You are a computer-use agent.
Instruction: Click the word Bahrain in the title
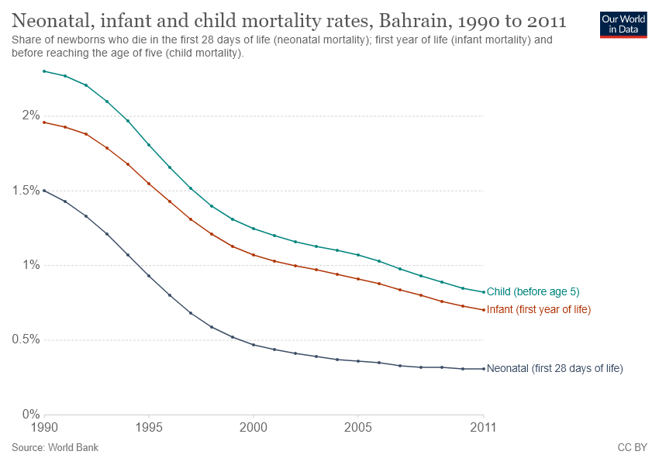pyautogui.click(x=415, y=19)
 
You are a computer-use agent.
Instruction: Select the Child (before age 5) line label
pyautogui.click(x=533, y=291)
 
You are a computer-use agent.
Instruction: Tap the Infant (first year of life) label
pyautogui.click(x=538, y=310)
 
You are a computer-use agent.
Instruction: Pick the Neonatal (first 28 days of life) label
pyautogui.click(x=554, y=369)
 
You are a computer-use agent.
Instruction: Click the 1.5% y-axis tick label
pyautogui.click(x=26, y=191)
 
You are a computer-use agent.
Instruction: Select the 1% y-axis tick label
pyautogui.click(x=30, y=265)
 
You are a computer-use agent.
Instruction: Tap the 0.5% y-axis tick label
pyautogui.click(x=26, y=339)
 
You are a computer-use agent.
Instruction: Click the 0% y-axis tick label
pyautogui.click(x=30, y=415)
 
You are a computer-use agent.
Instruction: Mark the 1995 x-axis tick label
pyautogui.click(x=149, y=428)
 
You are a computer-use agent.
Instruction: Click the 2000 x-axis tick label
pyautogui.click(x=254, y=428)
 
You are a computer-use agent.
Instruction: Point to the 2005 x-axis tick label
pyautogui.click(x=357, y=428)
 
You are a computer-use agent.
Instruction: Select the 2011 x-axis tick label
pyautogui.click(x=483, y=428)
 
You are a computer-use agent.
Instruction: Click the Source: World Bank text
pyautogui.click(x=55, y=448)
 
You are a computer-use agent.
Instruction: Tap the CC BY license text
pyautogui.click(x=631, y=448)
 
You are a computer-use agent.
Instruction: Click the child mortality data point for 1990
pyautogui.click(x=45, y=71)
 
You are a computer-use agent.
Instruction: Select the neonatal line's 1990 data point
pyautogui.click(x=45, y=190)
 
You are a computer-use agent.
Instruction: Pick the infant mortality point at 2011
pyautogui.click(x=483, y=310)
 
